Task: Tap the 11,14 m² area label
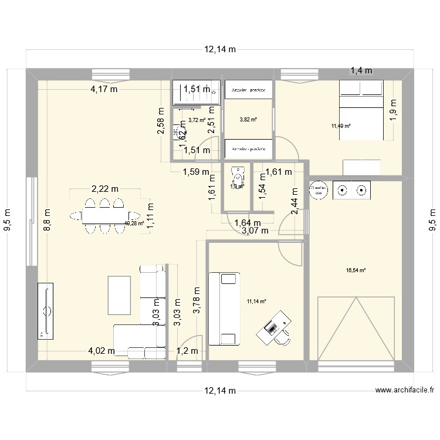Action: [256, 302]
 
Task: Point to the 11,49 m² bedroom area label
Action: [340, 126]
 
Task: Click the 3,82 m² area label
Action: [249, 119]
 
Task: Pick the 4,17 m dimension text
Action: [104, 90]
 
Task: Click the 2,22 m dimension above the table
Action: [105, 189]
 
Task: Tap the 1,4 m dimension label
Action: [361, 70]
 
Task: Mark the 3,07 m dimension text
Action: [255, 231]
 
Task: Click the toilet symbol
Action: [237, 175]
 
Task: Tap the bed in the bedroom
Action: [363, 110]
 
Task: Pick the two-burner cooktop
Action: [352, 190]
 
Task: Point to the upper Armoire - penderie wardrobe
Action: [249, 90]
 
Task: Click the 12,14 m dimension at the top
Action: [220, 50]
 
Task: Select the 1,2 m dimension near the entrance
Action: [188, 351]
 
